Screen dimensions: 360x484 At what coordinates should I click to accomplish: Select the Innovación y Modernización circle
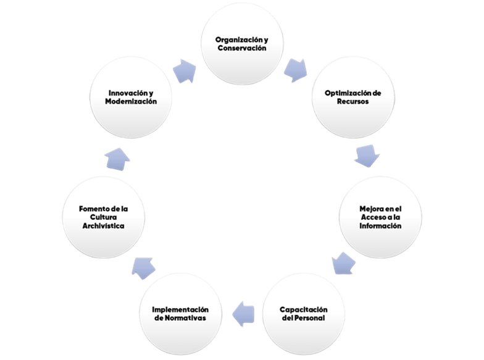pos(130,97)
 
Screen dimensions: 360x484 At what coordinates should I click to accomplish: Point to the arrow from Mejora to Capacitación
pos(343,263)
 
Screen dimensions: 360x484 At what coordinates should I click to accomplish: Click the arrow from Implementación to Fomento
pos(142,264)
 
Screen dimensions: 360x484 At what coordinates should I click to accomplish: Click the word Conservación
pos(241,48)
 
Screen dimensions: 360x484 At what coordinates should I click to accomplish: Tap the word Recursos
pos(353,101)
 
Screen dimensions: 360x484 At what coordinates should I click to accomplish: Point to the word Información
pos(380,226)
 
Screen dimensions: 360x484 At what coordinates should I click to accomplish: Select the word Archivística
pos(102,226)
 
